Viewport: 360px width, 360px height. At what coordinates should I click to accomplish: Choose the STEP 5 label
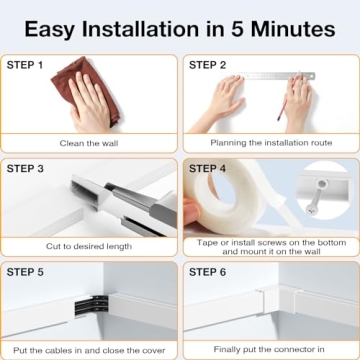27,271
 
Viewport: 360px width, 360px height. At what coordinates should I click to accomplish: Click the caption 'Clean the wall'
90,142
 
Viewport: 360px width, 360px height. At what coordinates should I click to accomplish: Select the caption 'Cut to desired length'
90,246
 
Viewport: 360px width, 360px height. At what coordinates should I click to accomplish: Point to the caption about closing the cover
90,349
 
